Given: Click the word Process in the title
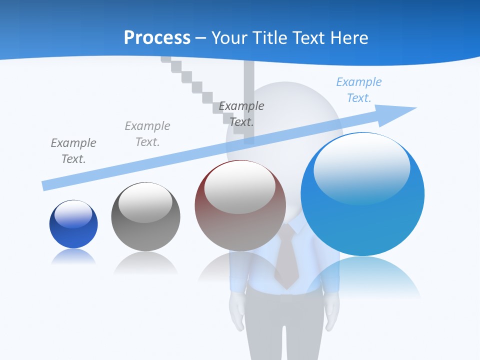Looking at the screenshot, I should [x=157, y=38].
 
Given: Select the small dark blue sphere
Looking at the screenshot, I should [x=73, y=224].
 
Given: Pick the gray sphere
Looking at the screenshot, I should [x=145, y=216].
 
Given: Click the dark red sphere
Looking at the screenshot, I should [x=240, y=206].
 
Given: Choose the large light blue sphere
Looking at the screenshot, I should [x=362, y=194].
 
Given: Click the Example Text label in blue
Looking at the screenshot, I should [x=358, y=90].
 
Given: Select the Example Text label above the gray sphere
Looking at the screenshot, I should [x=147, y=134].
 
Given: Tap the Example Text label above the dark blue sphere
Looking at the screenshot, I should [x=73, y=151].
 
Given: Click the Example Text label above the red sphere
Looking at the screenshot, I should [x=241, y=113].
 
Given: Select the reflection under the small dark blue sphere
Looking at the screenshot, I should [x=73, y=257].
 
